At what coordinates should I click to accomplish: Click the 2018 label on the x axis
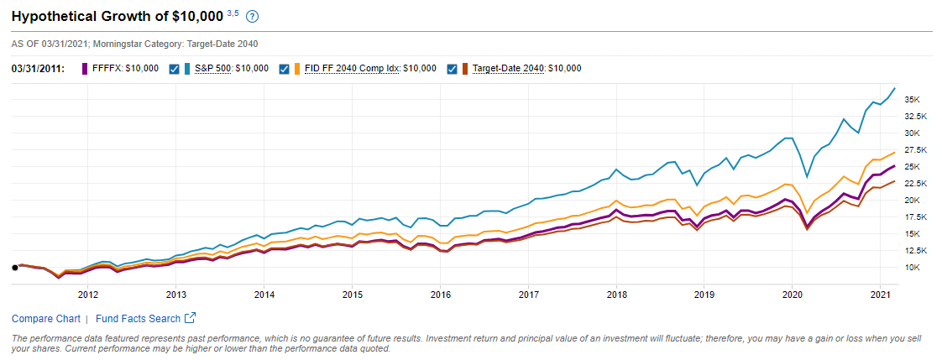pyautogui.click(x=617, y=295)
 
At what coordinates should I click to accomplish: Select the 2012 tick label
pyautogui.click(x=88, y=295)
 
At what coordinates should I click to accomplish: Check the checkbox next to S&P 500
pyautogui.click(x=175, y=69)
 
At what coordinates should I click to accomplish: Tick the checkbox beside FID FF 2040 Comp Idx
pyautogui.click(x=285, y=69)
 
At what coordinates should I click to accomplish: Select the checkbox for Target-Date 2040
pyautogui.click(x=453, y=69)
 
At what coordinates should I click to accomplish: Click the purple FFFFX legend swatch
pyautogui.click(x=85, y=69)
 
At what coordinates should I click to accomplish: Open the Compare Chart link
pyautogui.click(x=46, y=319)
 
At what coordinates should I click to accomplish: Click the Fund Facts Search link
pyautogui.click(x=138, y=319)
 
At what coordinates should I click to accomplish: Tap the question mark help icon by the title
pyautogui.click(x=253, y=17)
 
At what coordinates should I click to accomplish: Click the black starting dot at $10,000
pyautogui.click(x=15, y=268)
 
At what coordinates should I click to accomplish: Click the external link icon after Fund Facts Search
pyautogui.click(x=191, y=318)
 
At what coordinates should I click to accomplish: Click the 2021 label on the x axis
pyautogui.click(x=881, y=295)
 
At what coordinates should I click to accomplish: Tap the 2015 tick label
pyautogui.click(x=353, y=295)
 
